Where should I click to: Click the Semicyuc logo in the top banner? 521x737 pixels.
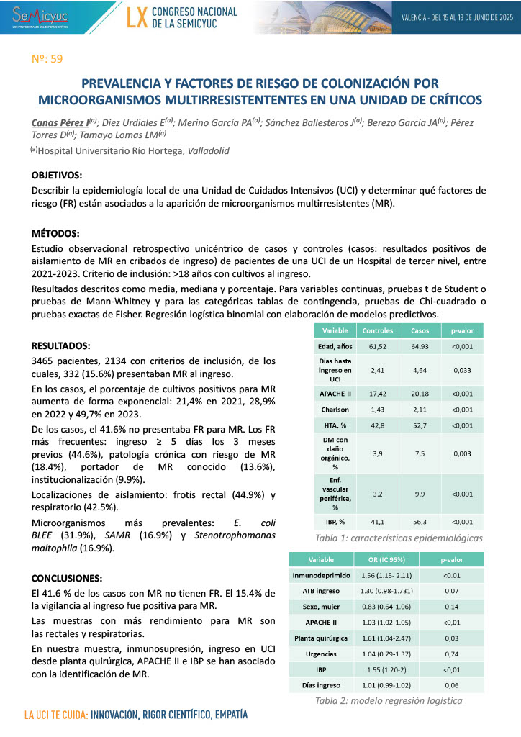pos(34,15)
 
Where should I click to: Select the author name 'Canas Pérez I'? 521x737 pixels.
pos(60,122)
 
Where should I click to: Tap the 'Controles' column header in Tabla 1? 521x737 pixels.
pos(377,331)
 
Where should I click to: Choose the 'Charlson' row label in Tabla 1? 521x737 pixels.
pos(335,409)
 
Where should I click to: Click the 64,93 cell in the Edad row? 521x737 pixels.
pos(419,347)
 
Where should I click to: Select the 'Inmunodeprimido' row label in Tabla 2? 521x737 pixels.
pos(321,576)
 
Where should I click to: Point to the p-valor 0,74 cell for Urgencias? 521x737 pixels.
pos(451,655)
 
